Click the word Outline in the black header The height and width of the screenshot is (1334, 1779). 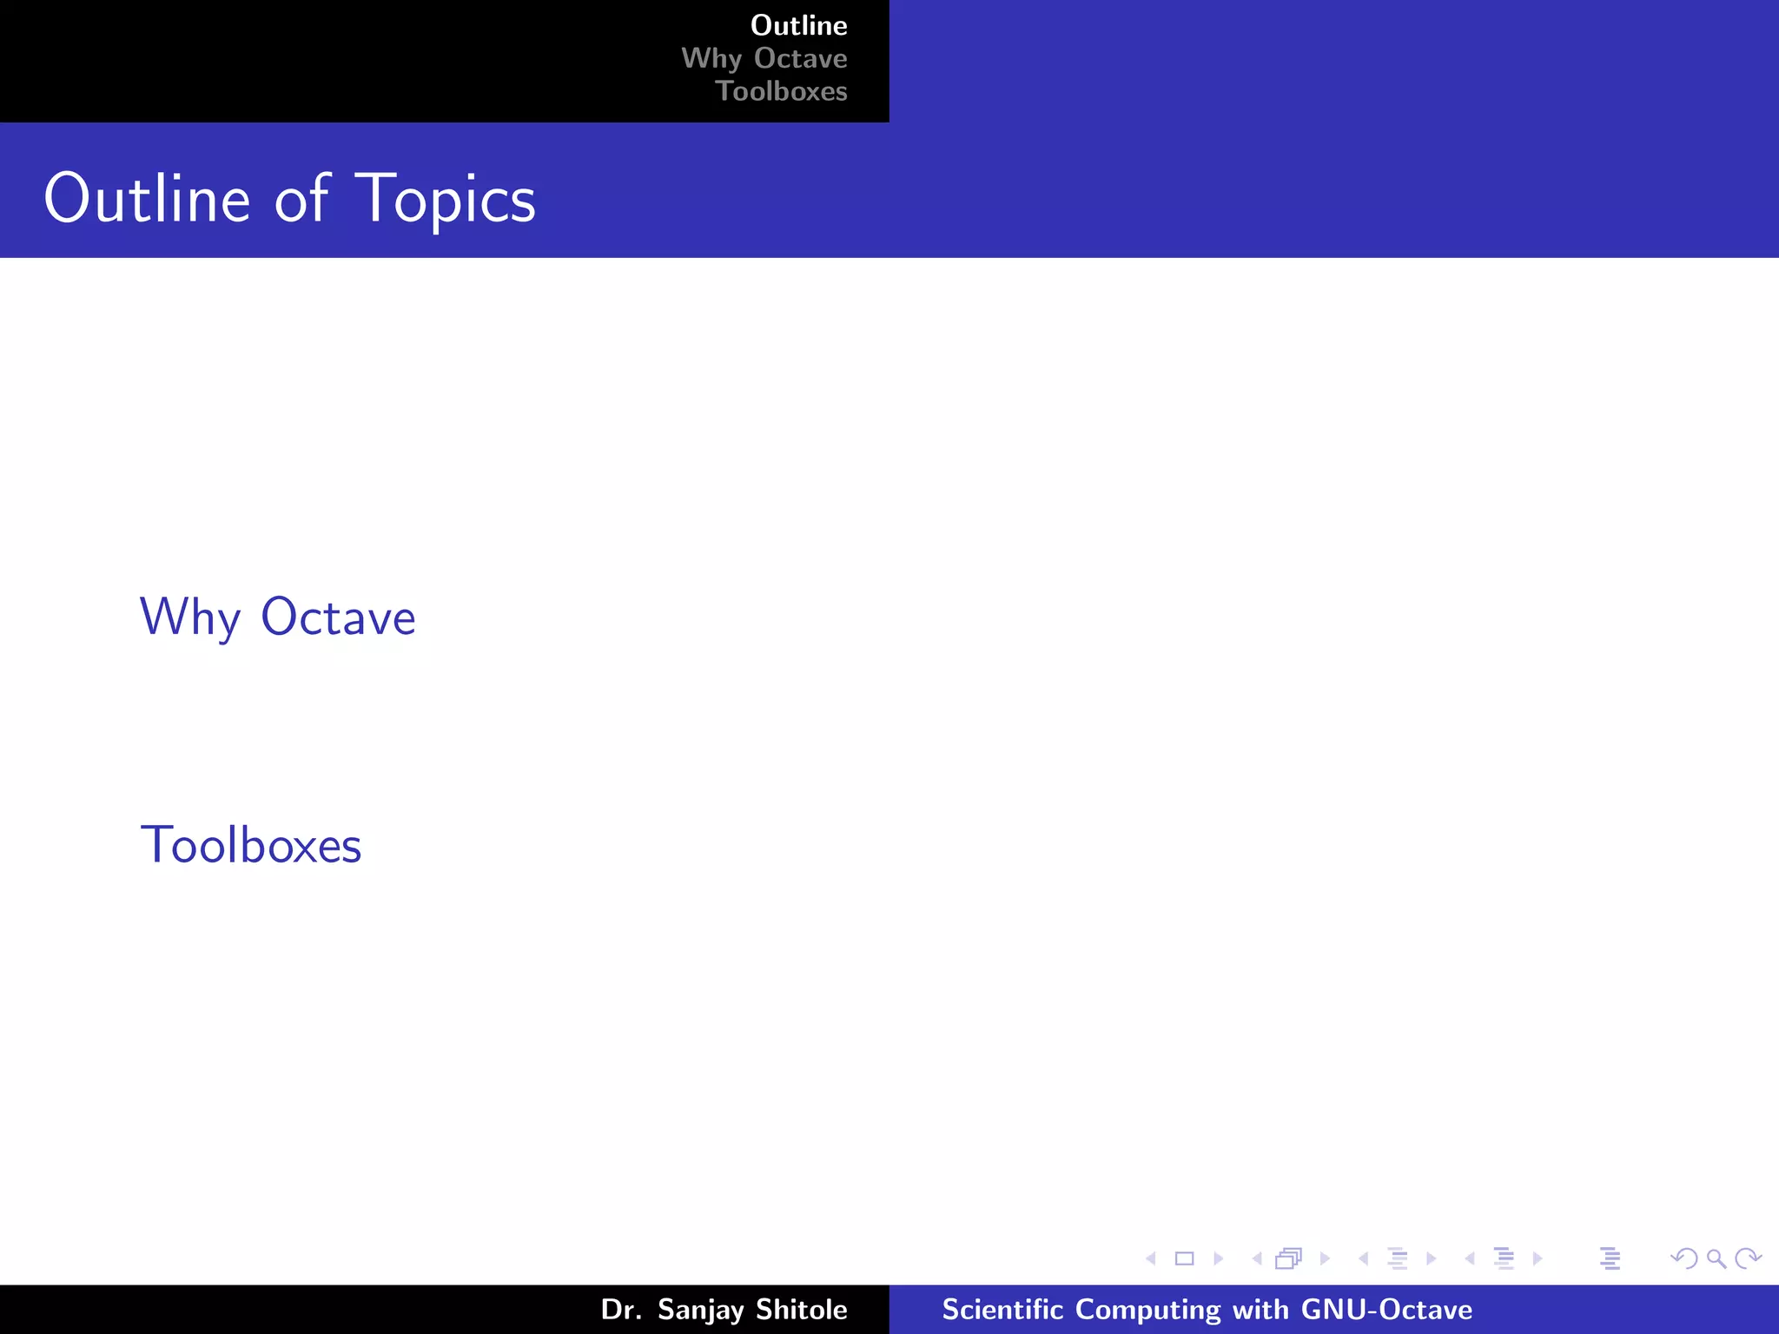click(x=798, y=25)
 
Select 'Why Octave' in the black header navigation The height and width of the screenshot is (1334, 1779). click(x=764, y=58)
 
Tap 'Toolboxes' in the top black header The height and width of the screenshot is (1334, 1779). click(x=781, y=91)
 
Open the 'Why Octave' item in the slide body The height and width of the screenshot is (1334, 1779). click(x=278, y=617)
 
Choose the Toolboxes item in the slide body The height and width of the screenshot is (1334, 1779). click(x=251, y=845)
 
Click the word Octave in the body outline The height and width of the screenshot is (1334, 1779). click(x=338, y=617)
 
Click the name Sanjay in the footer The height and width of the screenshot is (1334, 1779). click(x=700, y=1310)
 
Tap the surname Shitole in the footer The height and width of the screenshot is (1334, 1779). click(x=801, y=1309)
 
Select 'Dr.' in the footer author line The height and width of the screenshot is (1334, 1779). click(x=620, y=1309)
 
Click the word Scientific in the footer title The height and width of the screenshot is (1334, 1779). click(x=1002, y=1309)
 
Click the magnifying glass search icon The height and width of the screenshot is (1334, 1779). click(x=1716, y=1258)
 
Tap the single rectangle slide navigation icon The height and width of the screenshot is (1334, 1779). click(x=1184, y=1258)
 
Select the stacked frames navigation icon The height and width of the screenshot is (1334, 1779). click(x=1289, y=1258)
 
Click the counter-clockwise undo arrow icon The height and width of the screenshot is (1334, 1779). click(x=1684, y=1258)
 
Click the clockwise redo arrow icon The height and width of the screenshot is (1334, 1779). click(x=1747, y=1258)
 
